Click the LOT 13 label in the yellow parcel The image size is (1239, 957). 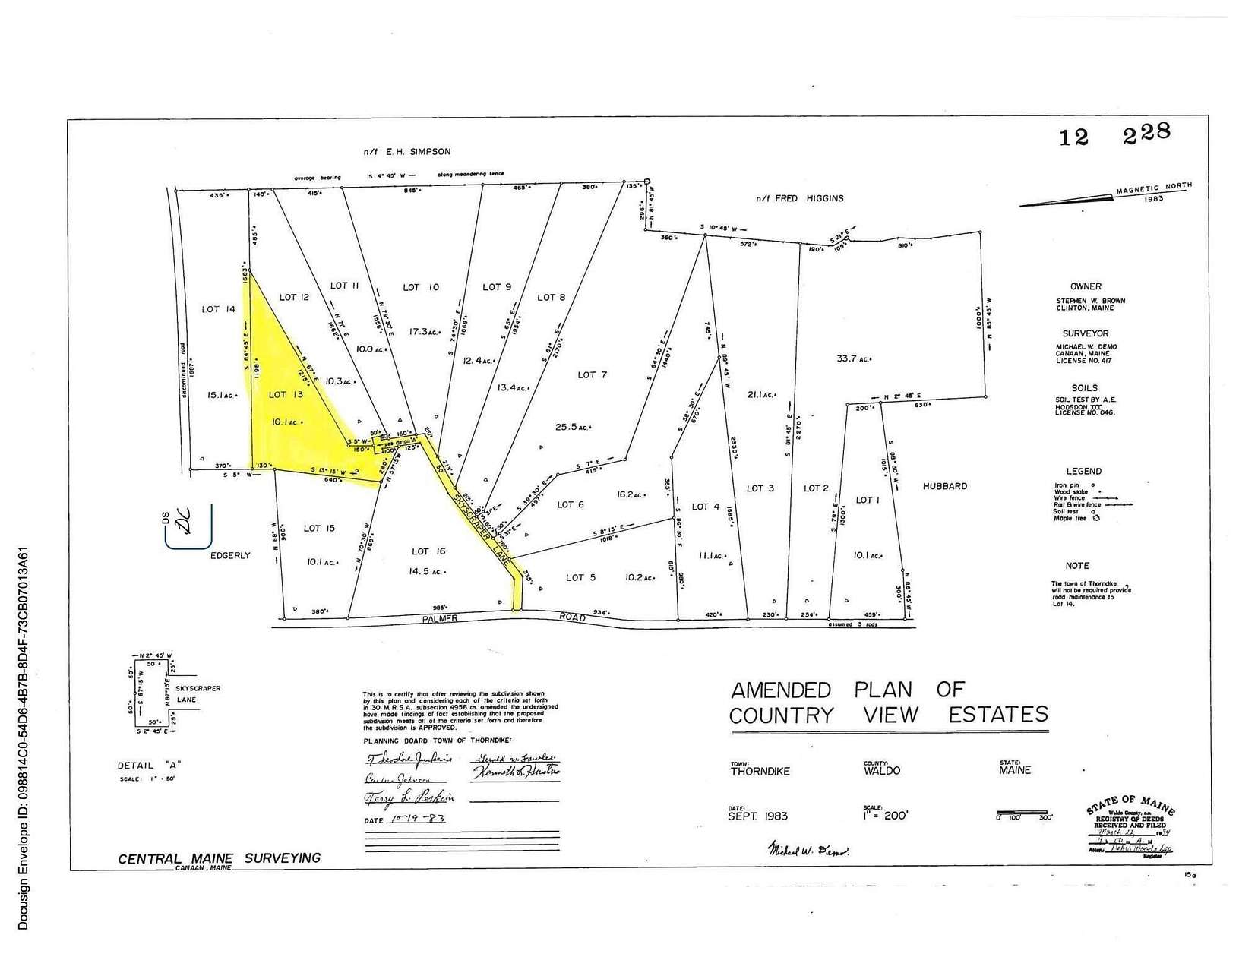pyautogui.click(x=286, y=395)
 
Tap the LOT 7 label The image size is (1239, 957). pyautogui.click(x=592, y=375)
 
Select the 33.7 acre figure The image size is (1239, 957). pyautogui.click(x=852, y=358)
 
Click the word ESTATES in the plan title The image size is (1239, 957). pyautogui.click(x=998, y=715)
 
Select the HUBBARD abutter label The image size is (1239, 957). pyautogui.click(x=945, y=486)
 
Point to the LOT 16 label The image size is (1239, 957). pyautogui.click(x=428, y=551)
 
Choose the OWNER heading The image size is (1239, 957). pyautogui.click(x=1086, y=286)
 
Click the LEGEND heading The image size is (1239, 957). pyautogui.click(x=1083, y=471)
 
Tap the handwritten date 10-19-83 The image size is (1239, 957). pyautogui.click(x=416, y=820)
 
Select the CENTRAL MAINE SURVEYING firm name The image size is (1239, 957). pyautogui.click(x=219, y=858)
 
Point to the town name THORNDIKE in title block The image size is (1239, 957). pyautogui.click(x=760, y=771)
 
